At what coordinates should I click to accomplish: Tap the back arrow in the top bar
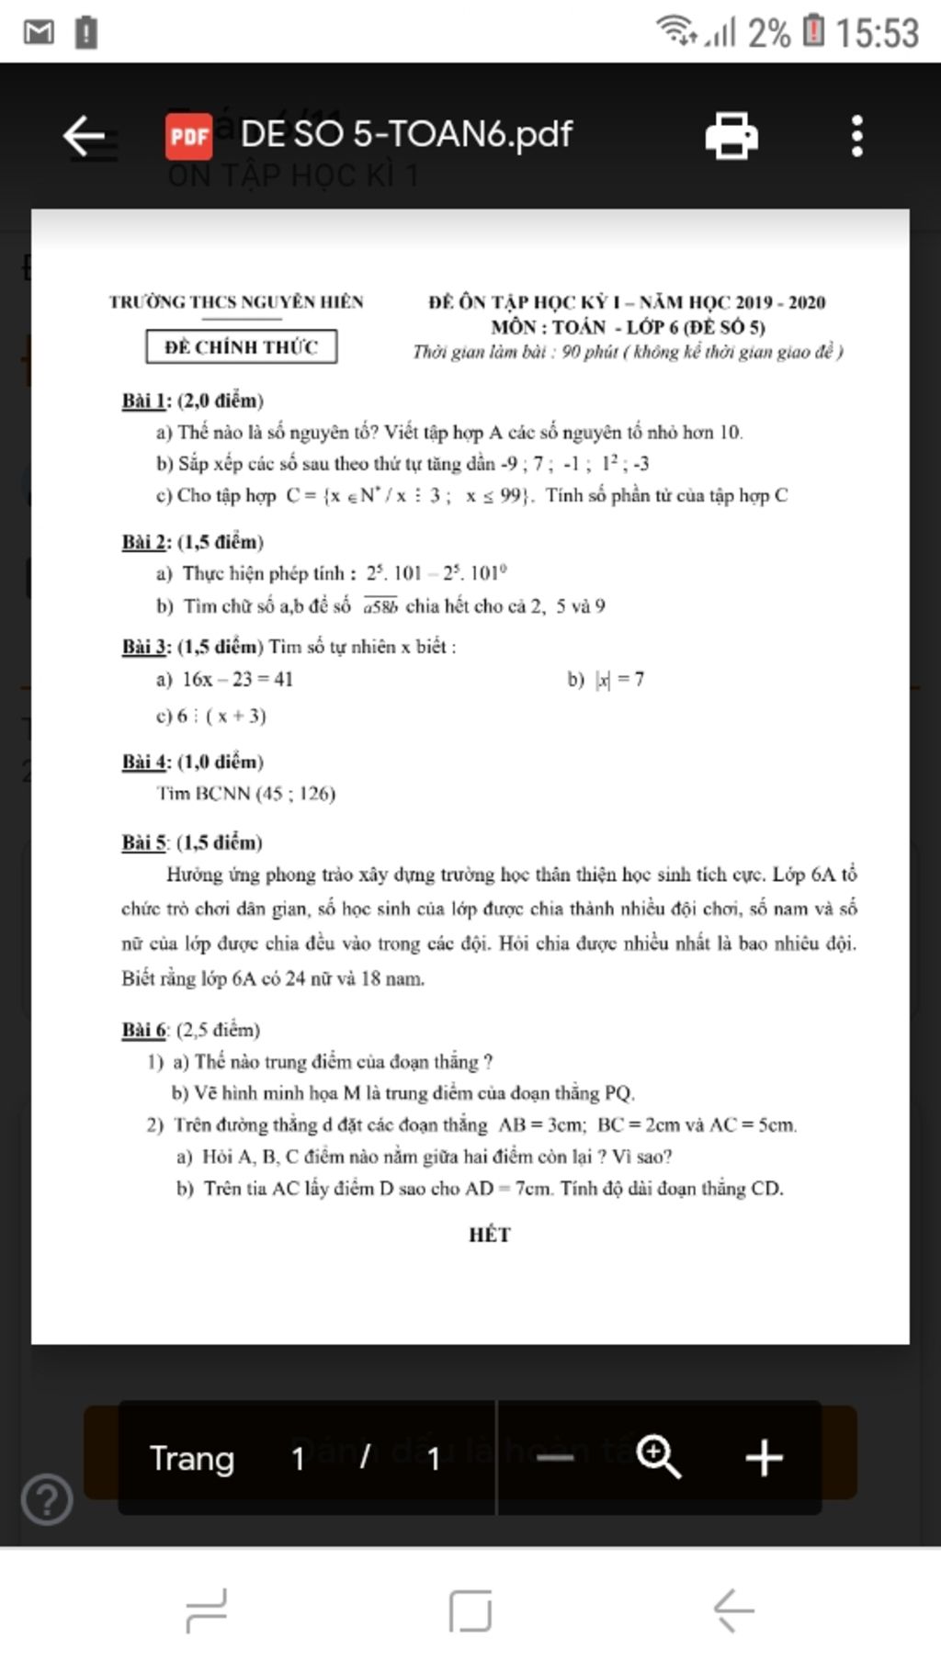click(x=85, y=136)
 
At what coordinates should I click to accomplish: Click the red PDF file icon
click(x=189, y=136)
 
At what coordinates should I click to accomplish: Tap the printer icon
click(x=731, y=136)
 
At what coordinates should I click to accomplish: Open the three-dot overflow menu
click(x=856, y=136)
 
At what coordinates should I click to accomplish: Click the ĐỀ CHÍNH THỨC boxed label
click(x=241, y=346)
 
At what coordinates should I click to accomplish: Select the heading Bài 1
click(x=145, y=401)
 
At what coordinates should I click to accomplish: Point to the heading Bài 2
click(x=145, y=542)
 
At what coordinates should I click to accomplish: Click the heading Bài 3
click(x=145, y=647)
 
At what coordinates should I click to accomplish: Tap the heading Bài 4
click(x=145, y=762)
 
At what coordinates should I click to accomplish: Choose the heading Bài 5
click(x=145, y=842)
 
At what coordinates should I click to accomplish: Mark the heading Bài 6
click(x=145, y=1030)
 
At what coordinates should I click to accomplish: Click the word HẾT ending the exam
click(x=489, y=1235)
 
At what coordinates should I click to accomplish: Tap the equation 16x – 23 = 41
click(x=237, y=680)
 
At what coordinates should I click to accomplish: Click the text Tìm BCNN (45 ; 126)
click(x=246, y=794)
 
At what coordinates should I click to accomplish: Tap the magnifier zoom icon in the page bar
click(x=659, y=1458)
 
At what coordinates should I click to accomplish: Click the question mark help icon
click(x=47, y=1499)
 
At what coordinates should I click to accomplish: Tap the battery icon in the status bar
click(x=813, y=31)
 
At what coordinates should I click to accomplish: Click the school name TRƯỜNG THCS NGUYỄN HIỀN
click(x=236, y=301)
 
